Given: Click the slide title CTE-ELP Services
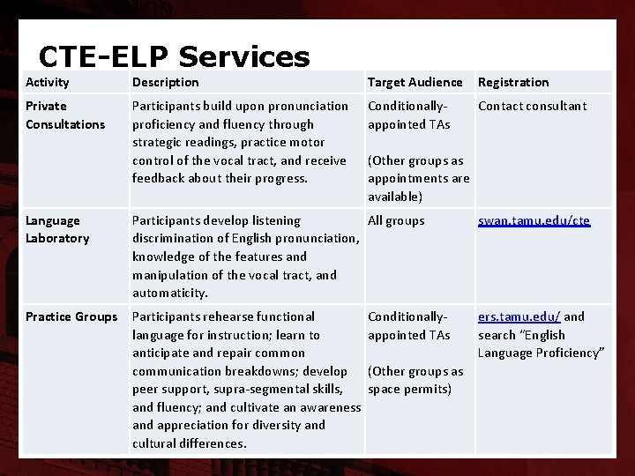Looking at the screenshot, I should coord(174,57).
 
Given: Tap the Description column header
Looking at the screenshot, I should coord(165,82).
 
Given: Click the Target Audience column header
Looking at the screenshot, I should coord(415,82).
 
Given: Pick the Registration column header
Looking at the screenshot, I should coord(512,82).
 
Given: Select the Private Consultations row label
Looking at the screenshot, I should coord(64,115).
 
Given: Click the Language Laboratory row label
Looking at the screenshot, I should coord(57,229).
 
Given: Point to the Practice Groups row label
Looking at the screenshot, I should coord(71,316).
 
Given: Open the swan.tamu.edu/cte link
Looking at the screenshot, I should coord(534,220).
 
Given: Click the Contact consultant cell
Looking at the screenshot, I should coord(532,106).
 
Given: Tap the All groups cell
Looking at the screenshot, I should coord(396,220).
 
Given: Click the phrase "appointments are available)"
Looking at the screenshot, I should coord(418,187).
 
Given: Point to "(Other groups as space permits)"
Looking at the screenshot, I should coord(415,380).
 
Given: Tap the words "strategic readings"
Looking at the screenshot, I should coord(181,142).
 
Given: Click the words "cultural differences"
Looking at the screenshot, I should coord(189,443).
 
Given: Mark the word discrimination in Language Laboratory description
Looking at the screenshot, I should coord(172,238).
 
